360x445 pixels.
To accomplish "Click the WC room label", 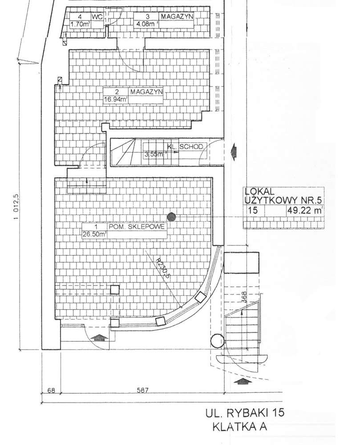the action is tap(97, 17).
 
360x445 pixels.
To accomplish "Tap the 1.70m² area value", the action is tap(80, 24).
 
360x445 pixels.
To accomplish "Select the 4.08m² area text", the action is tap(146, 24).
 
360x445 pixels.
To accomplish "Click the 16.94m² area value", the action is tap(116, 99).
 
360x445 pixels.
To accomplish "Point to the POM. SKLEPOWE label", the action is tap(137, 226).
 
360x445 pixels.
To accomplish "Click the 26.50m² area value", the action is tap(94, 234).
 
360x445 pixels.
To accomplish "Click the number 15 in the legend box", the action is tap(252, 211).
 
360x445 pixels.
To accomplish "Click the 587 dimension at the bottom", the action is tap(142, 390).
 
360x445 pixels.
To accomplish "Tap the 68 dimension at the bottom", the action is tap(51, 390).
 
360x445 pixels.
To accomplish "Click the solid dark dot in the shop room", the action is tap(171, 217).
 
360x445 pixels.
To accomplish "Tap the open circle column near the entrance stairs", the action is tap(218, 341).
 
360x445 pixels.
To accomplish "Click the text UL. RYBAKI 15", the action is tap(245, 413).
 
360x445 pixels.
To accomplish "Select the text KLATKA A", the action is tap(240, 427).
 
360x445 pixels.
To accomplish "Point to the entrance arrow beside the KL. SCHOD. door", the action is tap(234, 151).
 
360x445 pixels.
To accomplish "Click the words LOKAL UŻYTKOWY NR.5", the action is tap(283, 196).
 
